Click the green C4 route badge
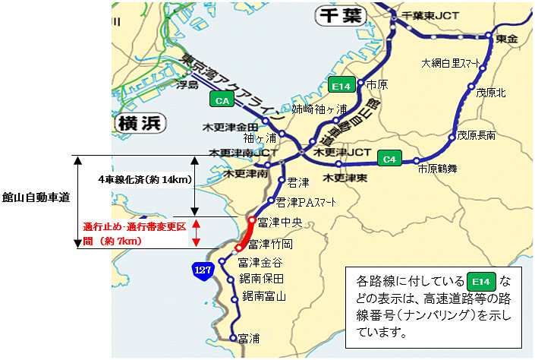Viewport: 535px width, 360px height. pyautogui.click(x=389, y=159)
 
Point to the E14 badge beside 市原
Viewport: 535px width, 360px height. pyautogui.click(x=341, y=85)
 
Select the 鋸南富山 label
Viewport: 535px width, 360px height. pyautogui.click(x=263, y=296)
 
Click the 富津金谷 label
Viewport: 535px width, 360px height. pyautogui.click(x=260, y=263)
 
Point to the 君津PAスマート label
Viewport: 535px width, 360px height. pyautogui.click(x=307, y=202)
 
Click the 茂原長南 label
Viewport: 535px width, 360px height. pyautogui.click(x=476, y=135)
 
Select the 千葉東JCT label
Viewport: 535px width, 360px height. pyautogui.click(x=430, y=14)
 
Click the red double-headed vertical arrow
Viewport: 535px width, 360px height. pyautogui.click(x=196, y=232)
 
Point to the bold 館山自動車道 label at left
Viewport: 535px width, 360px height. pyautogui.click(x=36, y=197)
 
